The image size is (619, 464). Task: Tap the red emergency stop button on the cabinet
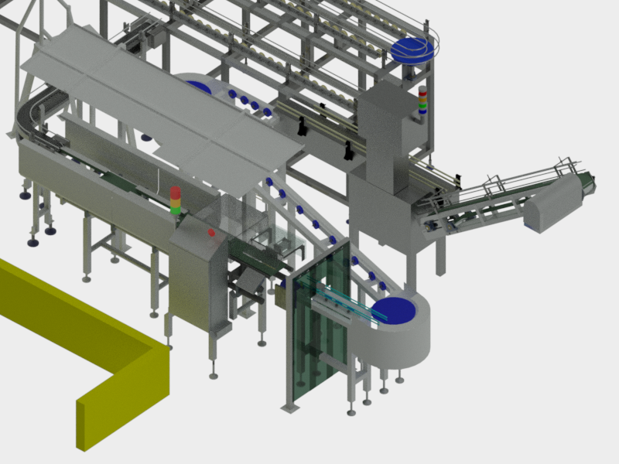(210, 232)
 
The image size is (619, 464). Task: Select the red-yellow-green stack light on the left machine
(176, 201)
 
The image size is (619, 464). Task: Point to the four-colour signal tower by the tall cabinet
(422, 101)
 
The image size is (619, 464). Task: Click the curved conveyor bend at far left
(35, 112)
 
